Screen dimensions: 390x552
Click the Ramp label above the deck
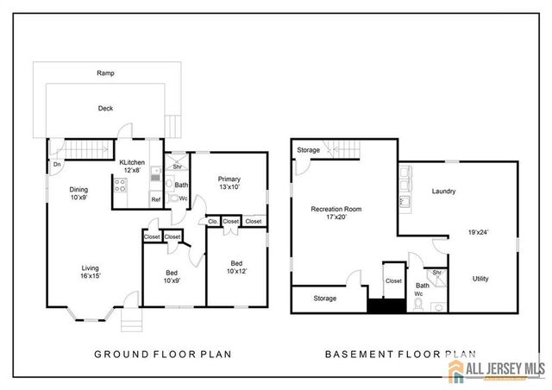[105, 73]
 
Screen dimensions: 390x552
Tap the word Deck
[105, 108]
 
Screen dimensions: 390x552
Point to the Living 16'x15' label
[90, 272]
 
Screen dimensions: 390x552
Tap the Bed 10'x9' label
[172, 276]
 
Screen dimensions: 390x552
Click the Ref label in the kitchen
[156, 200]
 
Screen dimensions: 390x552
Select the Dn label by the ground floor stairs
[56, 164]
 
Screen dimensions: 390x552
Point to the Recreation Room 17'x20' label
[336, 213]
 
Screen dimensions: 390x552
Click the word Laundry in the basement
[443, 192]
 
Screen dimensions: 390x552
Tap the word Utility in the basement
[483, 278]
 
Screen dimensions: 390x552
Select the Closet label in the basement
[393, 280]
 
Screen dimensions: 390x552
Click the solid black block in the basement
[385, 305]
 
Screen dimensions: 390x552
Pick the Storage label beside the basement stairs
[308, 150]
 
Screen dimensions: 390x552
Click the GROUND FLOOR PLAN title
[162, 354]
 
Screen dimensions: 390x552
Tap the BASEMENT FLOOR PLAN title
[399, 354]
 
